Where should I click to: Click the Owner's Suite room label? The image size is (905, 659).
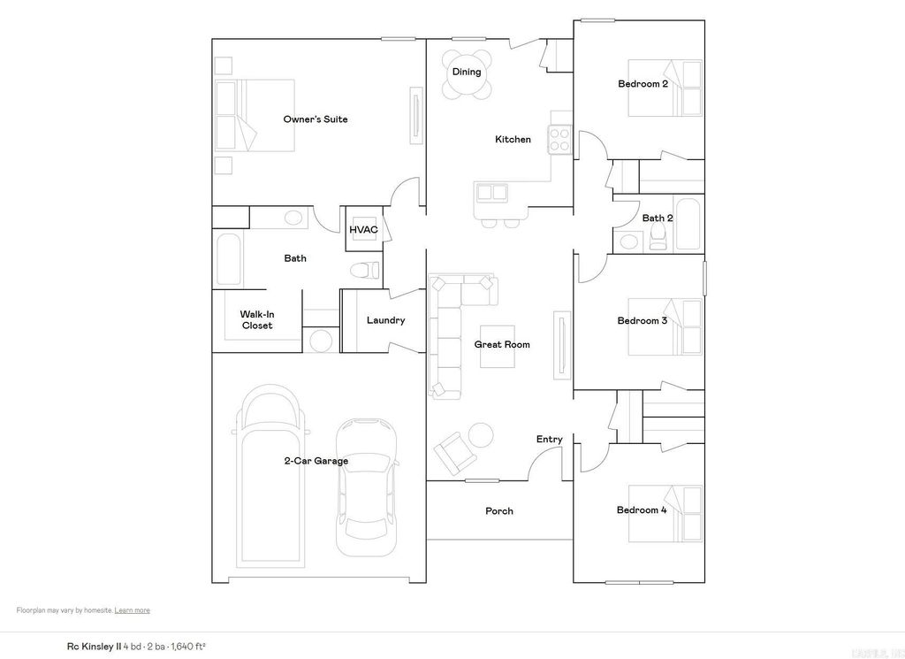pos(315,119)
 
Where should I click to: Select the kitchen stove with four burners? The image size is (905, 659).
pos(559,138)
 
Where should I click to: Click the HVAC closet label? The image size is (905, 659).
pos(363,230)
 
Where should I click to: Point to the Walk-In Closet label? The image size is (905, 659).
pos(257,319)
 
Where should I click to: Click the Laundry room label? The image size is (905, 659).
pos(385,320)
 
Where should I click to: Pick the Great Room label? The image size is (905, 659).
pos(502,344)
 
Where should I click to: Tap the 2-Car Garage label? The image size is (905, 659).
pos(316,461)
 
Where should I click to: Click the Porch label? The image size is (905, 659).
pos(498,510)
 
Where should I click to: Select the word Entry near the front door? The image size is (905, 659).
pos(549,440)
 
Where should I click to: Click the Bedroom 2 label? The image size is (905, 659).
pos(642,84)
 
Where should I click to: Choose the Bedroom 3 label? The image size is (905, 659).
pos(642,320)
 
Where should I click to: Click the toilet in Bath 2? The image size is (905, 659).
pos(657,236)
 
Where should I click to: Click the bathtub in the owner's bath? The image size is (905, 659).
pos(229,259)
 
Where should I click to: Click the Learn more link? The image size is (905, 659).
pos(132,610)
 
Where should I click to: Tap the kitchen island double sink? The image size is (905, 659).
pos(491,192)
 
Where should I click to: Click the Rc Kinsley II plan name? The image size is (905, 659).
pos(94,646)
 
